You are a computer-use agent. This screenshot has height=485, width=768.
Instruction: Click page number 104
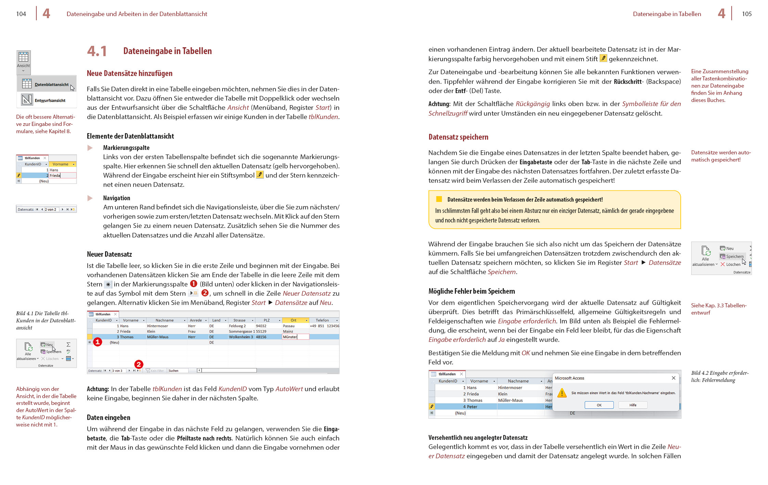point(21,14)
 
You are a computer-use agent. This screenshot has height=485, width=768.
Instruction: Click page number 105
point(746,14)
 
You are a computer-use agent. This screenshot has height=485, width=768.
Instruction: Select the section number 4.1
point(97,51)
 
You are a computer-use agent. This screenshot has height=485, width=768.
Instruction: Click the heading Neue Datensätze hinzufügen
point(129,73)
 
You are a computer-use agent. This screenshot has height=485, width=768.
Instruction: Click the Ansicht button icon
point(24,57)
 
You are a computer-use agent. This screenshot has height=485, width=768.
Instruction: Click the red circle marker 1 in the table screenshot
point(98,342)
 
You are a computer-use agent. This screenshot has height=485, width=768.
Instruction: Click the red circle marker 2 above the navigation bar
point(139,364)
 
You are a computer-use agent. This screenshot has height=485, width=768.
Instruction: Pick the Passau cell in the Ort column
point(289,326)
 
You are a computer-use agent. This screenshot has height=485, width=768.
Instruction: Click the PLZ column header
point(267,320)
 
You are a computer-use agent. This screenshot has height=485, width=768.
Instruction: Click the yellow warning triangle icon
point(562,393)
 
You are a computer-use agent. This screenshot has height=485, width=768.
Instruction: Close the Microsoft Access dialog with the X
point(674,378)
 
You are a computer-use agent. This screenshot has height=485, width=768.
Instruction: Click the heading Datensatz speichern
point(458,137)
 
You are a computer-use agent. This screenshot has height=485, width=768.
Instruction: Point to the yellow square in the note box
point(439,199)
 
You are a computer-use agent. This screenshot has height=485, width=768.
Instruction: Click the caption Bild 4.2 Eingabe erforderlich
point(719,376)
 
